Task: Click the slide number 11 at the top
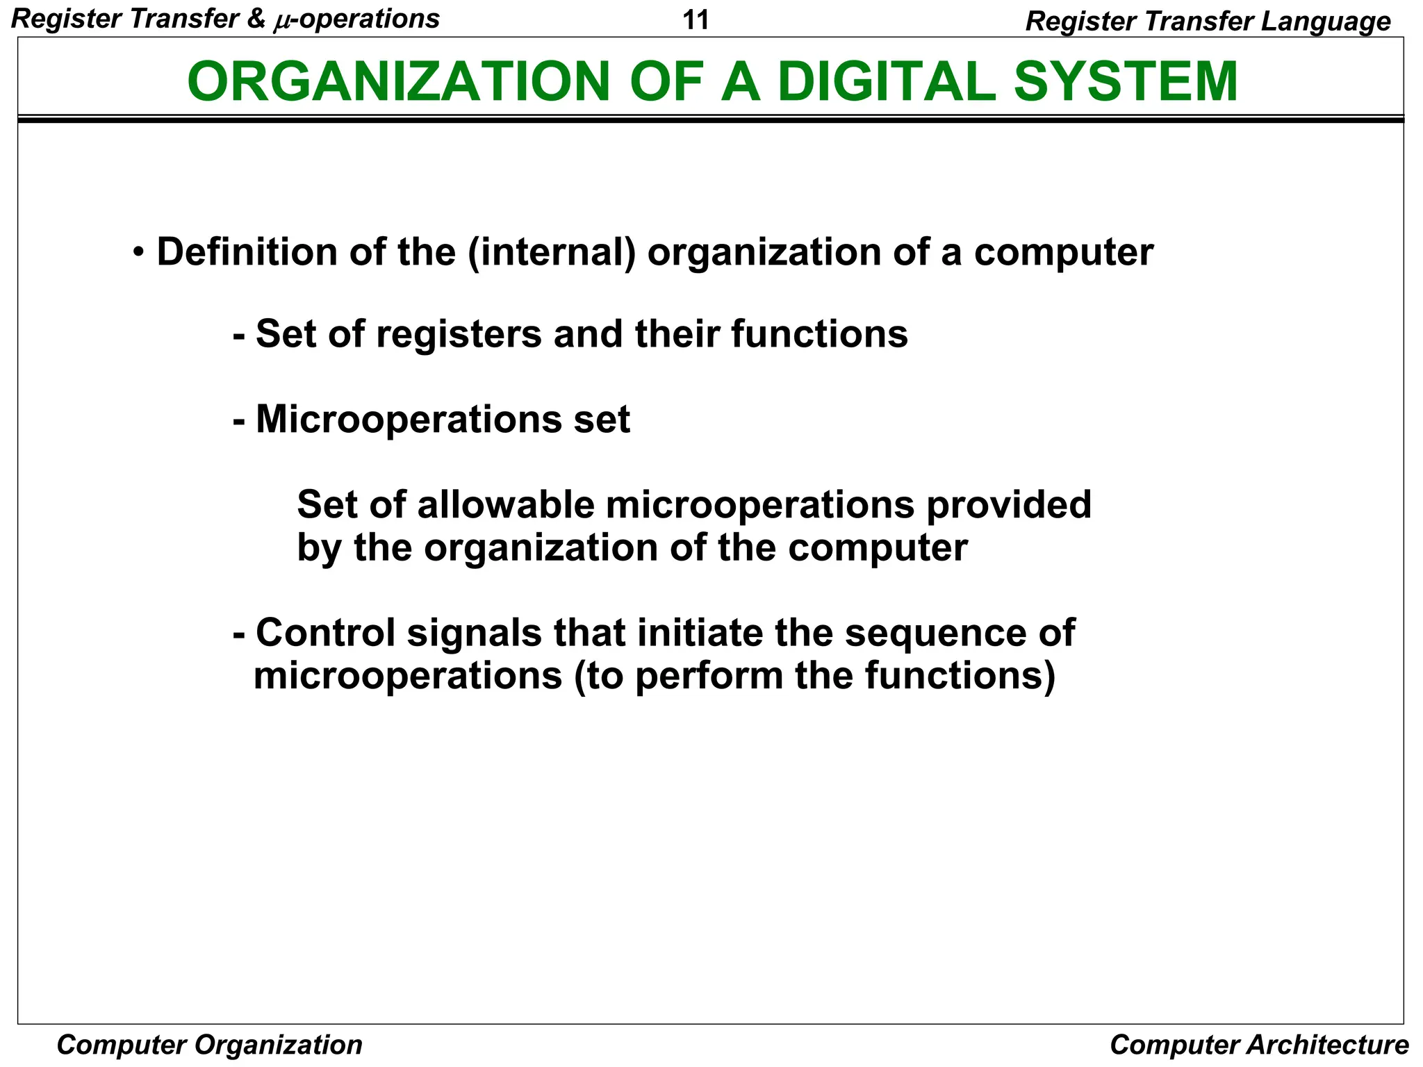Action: (x=696, y=20)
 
